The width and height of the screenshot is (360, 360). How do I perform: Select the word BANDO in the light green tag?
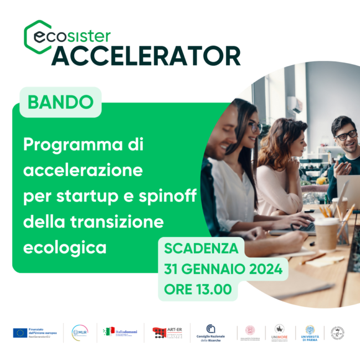click(x=60, y=102)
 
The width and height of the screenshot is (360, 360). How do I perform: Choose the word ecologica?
click(x=65, y=247)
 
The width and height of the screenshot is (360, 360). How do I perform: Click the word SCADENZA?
click(x=201, y=248)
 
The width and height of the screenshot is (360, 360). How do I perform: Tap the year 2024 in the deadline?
click(x=263, y=269)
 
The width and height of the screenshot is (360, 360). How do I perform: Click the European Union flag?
click(x=20, y=333)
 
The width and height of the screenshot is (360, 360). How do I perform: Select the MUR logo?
click(x=80, y=332)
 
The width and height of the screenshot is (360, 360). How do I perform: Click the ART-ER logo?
click(x=167, y=332)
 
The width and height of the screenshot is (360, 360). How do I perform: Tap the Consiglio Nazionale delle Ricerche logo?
click(x=210, y=332)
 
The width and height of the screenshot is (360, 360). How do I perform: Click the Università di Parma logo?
click(x=310, y=332)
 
